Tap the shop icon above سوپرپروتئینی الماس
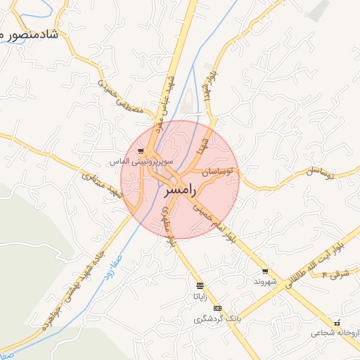tap(141, 151)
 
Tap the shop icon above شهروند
tap(264, 271)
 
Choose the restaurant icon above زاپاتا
tap(200, 285)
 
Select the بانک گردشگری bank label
tap(218, 319)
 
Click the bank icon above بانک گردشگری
tap(217, 308)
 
